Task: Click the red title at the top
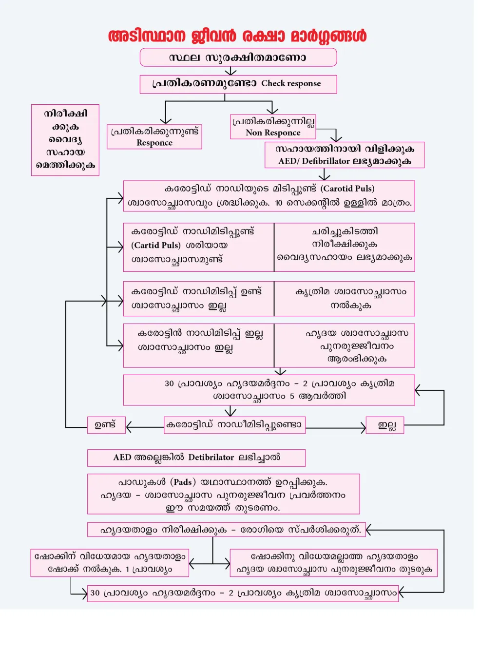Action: (237, 36)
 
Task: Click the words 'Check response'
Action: (291, 83)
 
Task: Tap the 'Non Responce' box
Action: (273, 127)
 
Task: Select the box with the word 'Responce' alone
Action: (154, 137)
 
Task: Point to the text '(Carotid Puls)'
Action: (347, 189)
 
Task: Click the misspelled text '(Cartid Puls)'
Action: (155, 245)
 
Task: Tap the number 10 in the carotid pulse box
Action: (278, 203)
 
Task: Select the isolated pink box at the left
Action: (65, 140)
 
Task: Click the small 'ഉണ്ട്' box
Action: (106, 425)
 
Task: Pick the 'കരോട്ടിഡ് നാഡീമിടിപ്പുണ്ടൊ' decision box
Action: (234, 424)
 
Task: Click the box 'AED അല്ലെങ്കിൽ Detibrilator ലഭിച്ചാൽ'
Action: (196, 458)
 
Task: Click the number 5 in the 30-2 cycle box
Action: (292, 396)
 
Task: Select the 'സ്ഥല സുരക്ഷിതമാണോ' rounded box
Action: (238, 57)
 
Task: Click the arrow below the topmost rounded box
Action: (230, 71)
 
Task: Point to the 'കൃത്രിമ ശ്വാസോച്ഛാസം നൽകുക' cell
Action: (345, 298)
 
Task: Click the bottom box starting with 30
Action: (243, 593)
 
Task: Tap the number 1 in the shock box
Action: (127, 569)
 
